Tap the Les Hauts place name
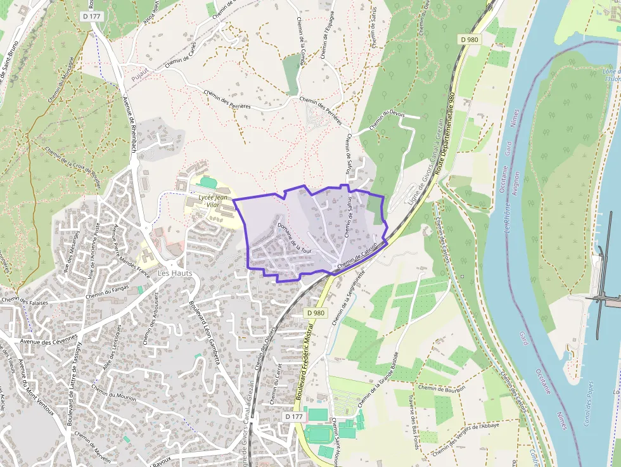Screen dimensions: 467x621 [x=174, y=273]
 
